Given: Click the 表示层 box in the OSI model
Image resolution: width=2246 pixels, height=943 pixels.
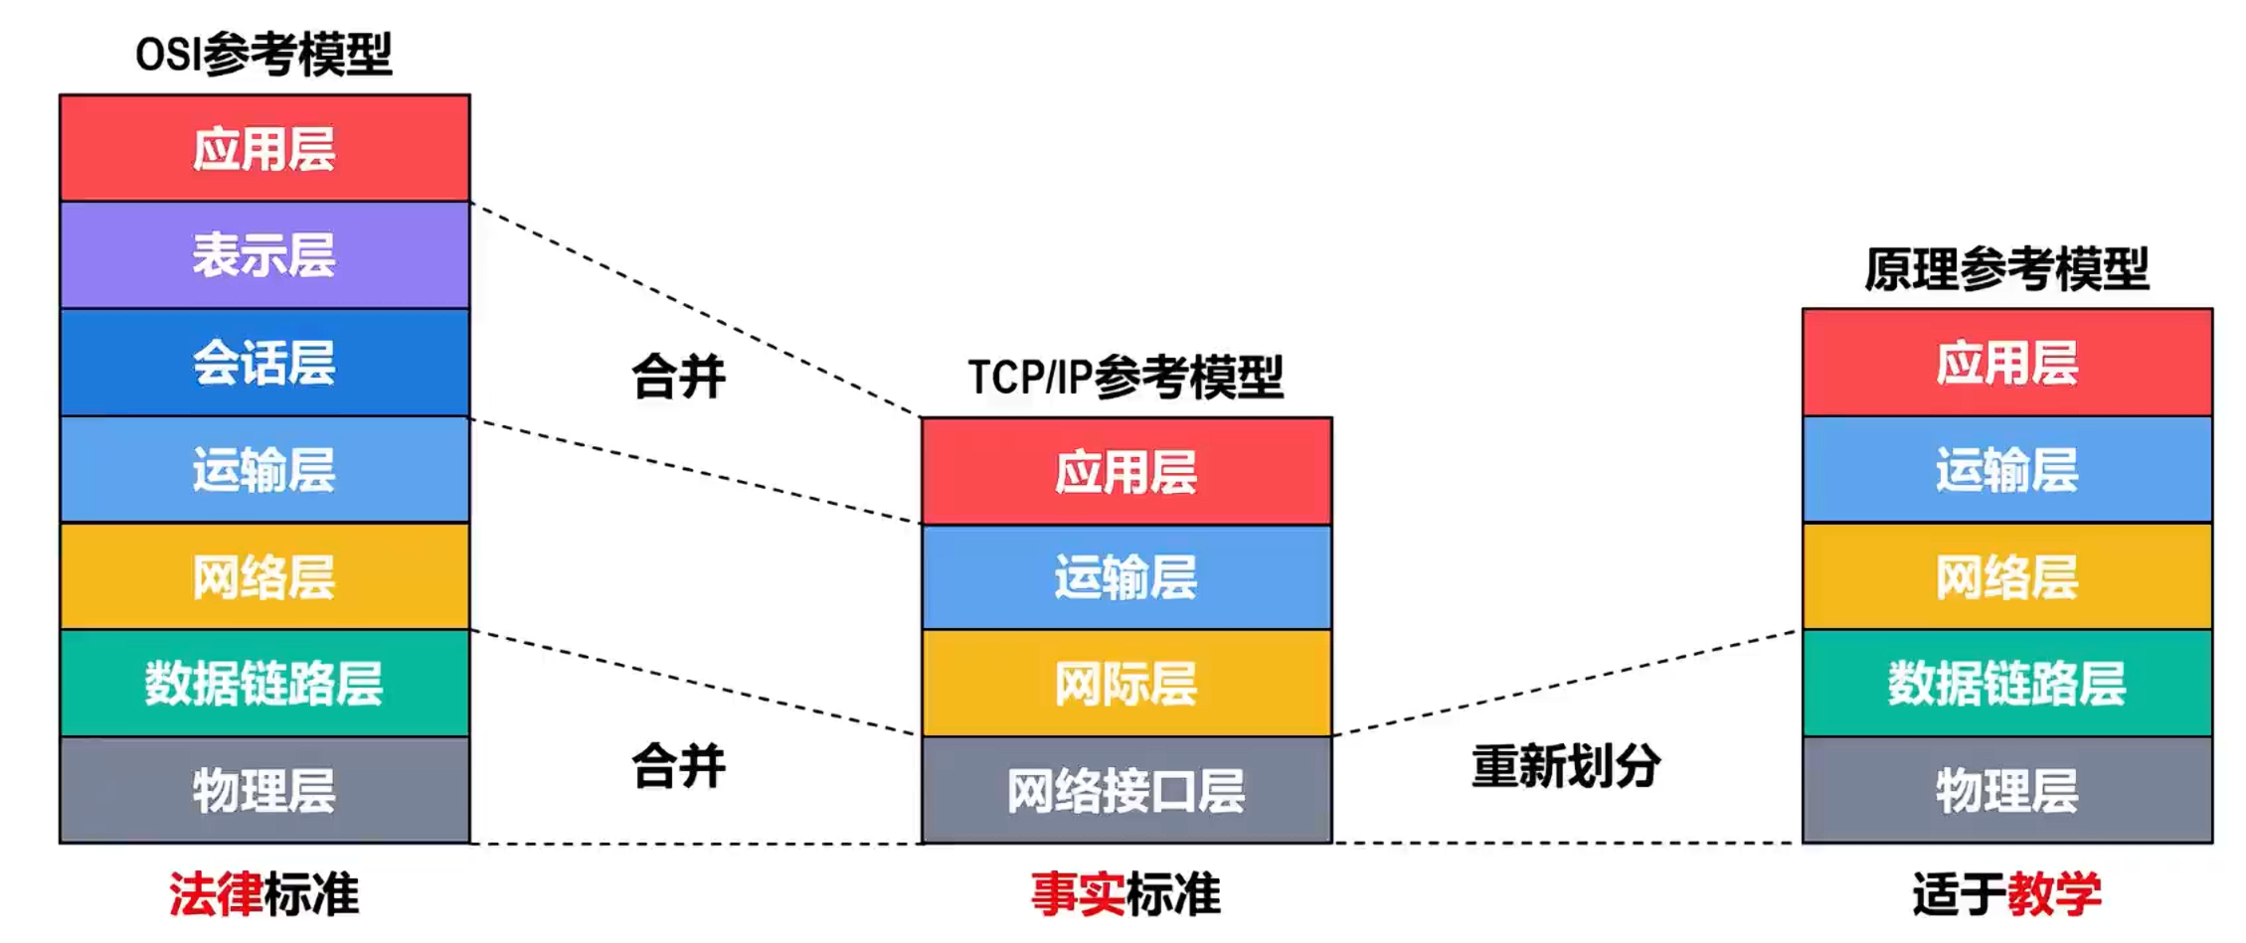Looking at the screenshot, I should coord(264,255).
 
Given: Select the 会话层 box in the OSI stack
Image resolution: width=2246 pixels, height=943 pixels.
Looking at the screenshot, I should coord(264,363).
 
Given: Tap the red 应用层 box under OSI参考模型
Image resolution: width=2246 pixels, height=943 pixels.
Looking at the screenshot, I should coord(264,149).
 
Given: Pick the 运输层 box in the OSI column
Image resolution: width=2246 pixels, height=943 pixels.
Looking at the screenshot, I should coord(264,470).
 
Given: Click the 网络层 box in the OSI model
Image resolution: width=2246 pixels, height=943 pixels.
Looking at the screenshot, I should coord(264,576).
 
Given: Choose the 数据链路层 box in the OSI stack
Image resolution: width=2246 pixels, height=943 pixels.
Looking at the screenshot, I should coord(264,683).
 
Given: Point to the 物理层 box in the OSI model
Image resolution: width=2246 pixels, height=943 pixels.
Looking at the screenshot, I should coord(264,790).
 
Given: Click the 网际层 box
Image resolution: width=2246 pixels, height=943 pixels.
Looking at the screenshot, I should coord(1125,683).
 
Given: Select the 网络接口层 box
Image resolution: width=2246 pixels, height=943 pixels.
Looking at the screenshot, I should coord(1125,790).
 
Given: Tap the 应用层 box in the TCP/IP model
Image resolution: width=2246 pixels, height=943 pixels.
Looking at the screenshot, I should coord(1125,471).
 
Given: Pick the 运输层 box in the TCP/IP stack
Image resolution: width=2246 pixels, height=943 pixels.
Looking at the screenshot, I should coord(1125,576).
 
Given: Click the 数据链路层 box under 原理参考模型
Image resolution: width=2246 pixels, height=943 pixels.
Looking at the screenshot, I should coord(2006,683).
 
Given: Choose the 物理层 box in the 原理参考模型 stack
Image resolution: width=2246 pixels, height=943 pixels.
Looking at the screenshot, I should coord(2006,790).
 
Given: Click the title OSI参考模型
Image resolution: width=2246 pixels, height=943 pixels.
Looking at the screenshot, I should coord(263,54).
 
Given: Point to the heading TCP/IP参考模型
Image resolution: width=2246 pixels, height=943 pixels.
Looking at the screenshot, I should coord(1125,377).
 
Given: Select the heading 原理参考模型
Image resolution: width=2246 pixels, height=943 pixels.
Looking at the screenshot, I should coord(2006,269).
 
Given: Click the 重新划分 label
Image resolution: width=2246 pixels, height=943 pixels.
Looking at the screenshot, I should coord(1566,766).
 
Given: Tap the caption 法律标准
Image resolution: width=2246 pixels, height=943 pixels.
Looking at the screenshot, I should coord(263,894).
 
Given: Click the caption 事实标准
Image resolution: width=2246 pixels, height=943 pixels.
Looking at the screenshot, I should coord(1125,894).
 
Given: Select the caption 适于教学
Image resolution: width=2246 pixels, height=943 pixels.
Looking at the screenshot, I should coord(2006,894).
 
